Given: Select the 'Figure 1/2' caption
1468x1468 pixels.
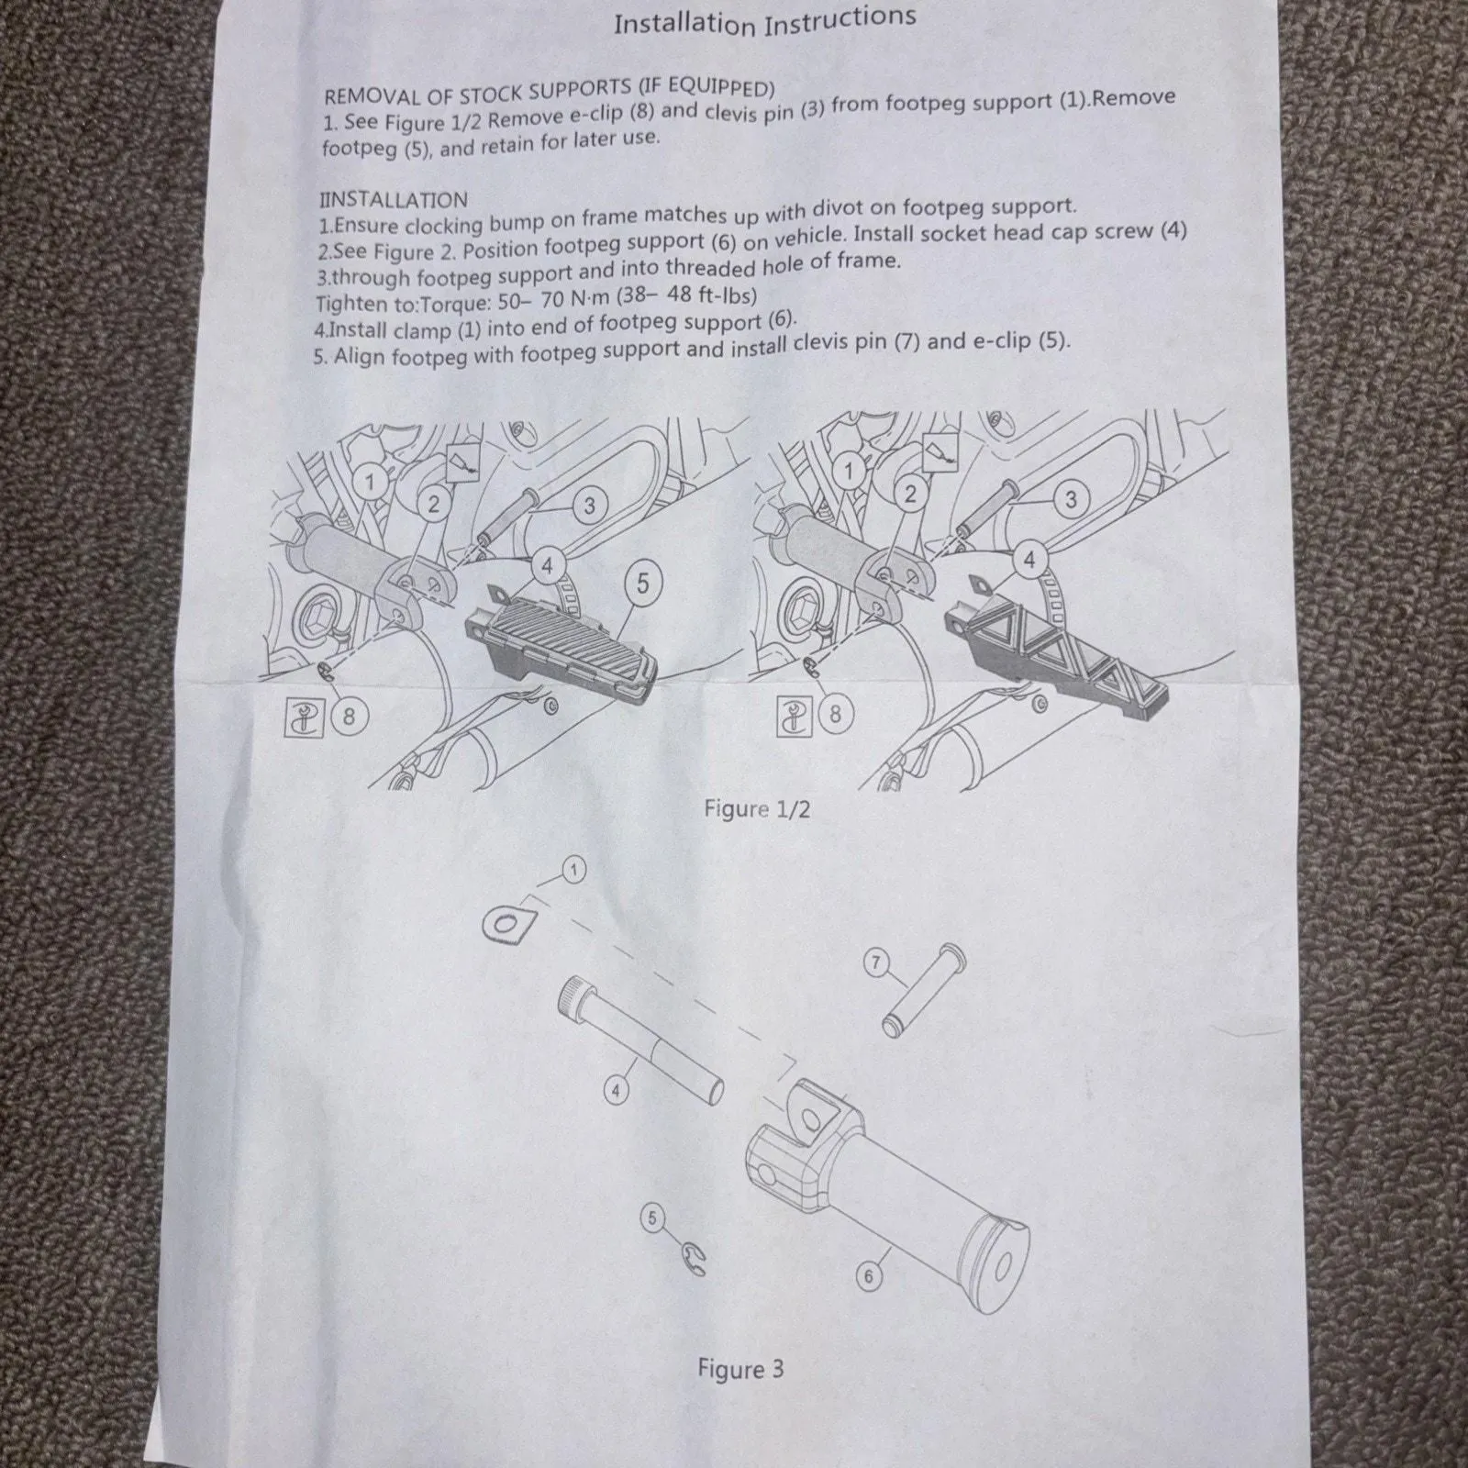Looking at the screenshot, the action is [757, 808].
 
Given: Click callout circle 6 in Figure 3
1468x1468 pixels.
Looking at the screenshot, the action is [868, 1275].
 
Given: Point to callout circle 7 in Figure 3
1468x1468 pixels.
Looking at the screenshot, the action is [876, 962].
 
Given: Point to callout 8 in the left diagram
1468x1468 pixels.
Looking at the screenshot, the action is [349, 714].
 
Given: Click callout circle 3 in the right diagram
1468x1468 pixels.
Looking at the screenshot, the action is [1070, 499].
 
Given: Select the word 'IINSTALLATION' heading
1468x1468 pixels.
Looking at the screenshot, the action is [393, 199].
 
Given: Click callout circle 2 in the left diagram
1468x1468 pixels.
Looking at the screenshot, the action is [434, 502].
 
